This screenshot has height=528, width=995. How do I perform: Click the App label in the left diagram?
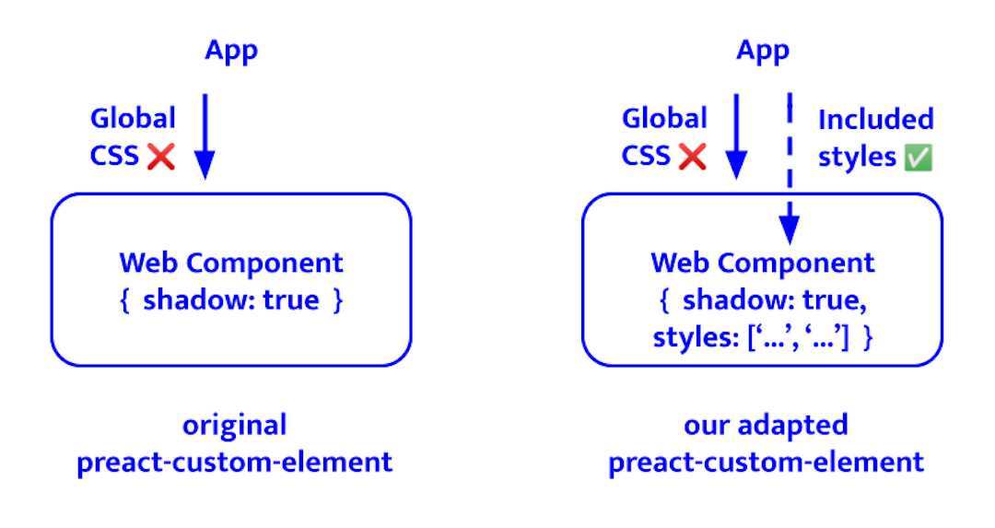[x=231, y=51]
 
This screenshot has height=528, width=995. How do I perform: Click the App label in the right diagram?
[x=763, y=51]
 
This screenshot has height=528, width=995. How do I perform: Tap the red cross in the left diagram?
[x=160, y=156]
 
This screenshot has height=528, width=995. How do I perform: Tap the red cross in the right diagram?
[x=692, y=156]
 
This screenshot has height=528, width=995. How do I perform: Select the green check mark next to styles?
[x=918, y=158]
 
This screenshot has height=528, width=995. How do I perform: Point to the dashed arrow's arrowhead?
[x=789, y=230]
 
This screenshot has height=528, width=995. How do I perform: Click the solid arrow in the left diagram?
[x=205, y=134]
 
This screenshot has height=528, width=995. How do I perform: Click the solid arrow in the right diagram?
[x=736, y=134]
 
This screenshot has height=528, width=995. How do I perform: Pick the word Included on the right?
[x=875, y=119]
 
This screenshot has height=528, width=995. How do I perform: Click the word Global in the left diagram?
[x=133, y=118]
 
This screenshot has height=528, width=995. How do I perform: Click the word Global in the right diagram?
[x=664, y=118]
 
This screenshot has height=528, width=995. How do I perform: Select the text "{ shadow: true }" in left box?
[x=231, y=301]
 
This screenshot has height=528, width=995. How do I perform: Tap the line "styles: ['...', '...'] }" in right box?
[x=763, y=338]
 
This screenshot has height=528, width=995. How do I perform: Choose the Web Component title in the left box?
[x=231, y=263]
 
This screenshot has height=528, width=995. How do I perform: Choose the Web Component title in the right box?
[x=763, y=263]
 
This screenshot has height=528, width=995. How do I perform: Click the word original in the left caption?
[x=234, y=425]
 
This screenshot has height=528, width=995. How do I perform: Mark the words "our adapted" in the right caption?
[x=766, y=425]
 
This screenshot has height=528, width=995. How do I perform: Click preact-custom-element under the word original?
[x=234, y=462]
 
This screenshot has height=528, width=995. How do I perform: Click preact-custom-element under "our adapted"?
[x=766, y=462]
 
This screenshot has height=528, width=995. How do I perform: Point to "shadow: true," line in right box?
[x=763, y=301]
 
